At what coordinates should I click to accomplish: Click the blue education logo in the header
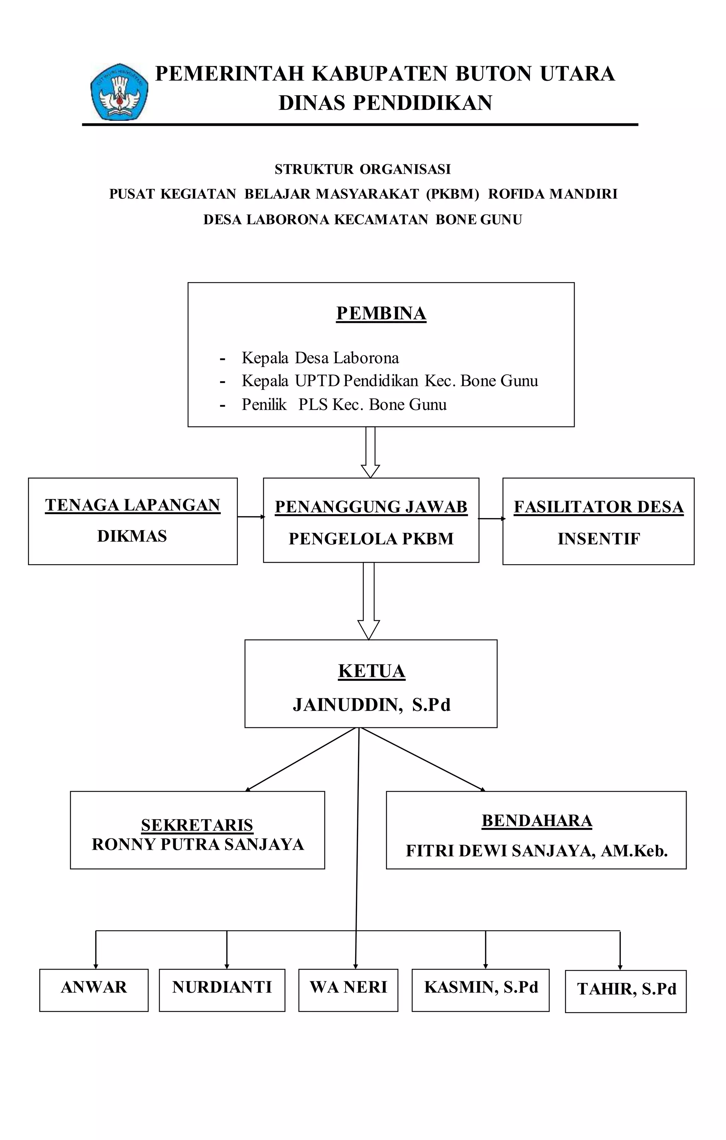point(119,91)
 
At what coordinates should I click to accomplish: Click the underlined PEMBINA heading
point(381,313)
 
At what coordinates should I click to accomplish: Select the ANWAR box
point(94,990)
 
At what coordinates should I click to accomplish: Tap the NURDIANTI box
point(222,990)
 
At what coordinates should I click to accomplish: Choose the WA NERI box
point(348,990)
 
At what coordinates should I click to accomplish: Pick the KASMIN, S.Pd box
point(481,990)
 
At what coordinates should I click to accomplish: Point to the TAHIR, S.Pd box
point(626,992)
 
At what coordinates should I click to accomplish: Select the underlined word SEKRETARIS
point(197,825)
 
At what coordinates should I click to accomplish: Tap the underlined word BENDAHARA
point(537,820)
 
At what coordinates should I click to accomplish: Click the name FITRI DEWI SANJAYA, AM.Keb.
point(537,851)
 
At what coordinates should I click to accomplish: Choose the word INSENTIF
point(599,539)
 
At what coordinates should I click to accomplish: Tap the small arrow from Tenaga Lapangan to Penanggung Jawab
point(251,517)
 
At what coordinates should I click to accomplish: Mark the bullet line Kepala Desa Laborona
point(320,358)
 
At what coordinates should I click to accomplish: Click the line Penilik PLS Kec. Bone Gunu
point(344,405)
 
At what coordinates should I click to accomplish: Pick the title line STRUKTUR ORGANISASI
point(363,169)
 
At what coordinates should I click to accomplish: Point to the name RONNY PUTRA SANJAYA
point(197,844)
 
